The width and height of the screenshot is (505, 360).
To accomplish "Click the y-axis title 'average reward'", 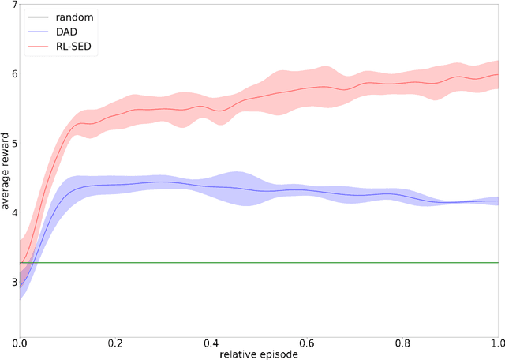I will tap(7, 167).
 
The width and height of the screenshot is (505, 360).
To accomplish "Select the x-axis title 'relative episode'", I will tap(259, 353).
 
